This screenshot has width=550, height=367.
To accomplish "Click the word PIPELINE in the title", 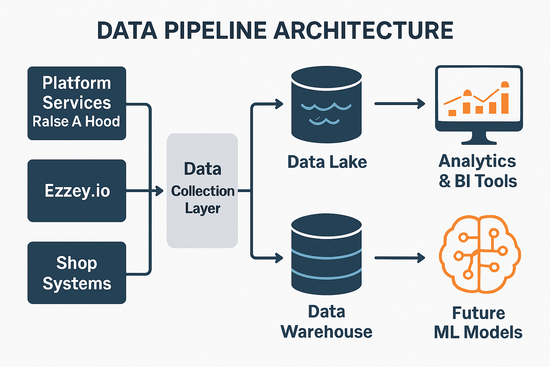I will [215, 31].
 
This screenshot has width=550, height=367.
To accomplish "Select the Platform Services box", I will [77, 103].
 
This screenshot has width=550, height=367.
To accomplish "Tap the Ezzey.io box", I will [77, 191].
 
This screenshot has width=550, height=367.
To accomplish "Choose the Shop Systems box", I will [77, 273].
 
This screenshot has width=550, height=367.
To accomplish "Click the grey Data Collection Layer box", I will [202, 191].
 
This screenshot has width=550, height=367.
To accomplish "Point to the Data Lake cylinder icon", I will [326, 105].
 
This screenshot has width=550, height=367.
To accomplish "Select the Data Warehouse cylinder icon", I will [326, 254].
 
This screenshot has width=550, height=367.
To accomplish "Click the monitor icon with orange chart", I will [479, 99].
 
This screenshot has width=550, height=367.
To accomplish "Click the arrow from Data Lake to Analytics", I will [399, 104].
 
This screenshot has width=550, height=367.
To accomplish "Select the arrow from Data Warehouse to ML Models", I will [399, 258].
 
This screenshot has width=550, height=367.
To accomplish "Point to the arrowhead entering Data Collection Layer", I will [159, 191].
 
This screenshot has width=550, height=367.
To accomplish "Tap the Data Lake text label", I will [327, 162].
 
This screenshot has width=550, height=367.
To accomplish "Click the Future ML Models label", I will [478, 323].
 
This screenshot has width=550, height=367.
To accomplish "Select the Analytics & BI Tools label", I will [478, 171].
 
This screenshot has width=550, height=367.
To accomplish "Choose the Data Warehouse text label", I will [326, 322].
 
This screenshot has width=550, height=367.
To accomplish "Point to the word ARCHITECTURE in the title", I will [363, 31].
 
